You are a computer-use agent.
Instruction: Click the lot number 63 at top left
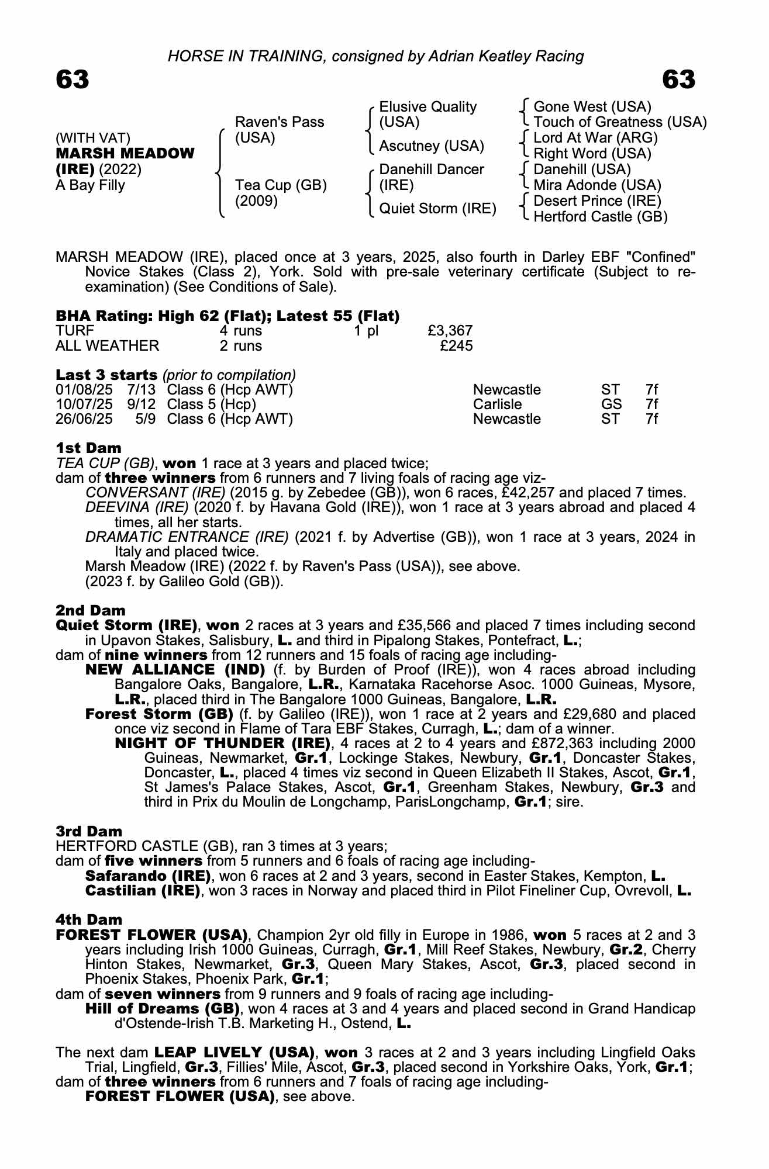tap(73, 79)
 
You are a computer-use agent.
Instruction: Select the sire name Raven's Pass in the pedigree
tap(279, 122)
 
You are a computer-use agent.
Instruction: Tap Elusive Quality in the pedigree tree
tap(427, 107)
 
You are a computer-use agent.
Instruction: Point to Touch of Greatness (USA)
tap(620, 122)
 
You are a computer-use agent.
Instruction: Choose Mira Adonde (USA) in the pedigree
tap(597, 185)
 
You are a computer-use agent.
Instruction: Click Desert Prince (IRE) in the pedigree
tap(597, 201)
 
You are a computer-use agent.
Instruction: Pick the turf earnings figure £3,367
tap(450, 331)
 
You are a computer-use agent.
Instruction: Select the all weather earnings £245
tap(456, 346)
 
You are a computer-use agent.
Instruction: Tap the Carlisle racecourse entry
tap(497, 404)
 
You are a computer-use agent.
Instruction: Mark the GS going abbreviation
tap(611, 404)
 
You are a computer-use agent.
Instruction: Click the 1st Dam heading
tap(88, 448)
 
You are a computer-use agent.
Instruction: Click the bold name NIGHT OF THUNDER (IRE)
tap(223, 743)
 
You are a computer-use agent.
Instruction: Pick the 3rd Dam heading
tap(89, 831)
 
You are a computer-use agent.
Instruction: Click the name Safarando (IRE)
tap(148, 876)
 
